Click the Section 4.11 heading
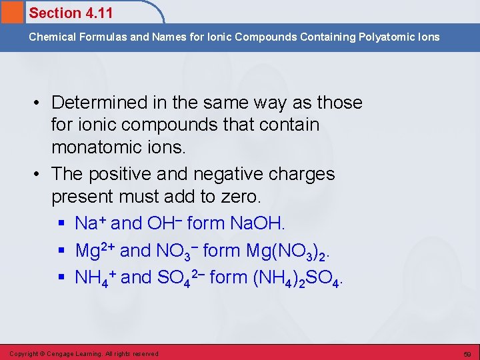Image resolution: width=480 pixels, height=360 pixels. (x=71, y=13)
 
